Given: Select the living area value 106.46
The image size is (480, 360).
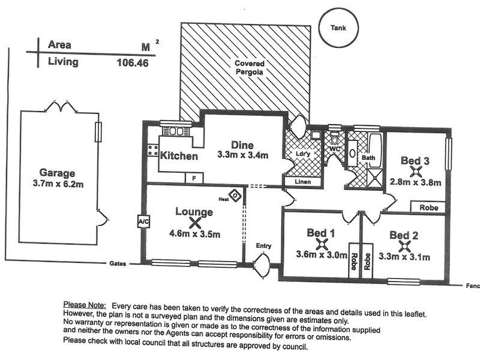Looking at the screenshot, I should tap(133, 62).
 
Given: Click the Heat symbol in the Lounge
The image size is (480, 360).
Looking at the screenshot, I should tap(235, 196).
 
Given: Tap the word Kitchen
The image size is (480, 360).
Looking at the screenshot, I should tap(179, 156).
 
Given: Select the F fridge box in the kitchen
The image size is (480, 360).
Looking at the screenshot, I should tap(194, 178).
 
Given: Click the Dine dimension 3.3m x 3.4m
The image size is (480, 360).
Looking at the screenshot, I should tap(242, 155).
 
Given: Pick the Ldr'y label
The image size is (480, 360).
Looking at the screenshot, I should tap(302, 154).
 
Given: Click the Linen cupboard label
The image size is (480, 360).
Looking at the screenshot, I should tap(298, 181).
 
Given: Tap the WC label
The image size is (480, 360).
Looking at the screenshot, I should tap(334, 147).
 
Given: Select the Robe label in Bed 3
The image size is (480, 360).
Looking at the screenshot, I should tap(428, 207).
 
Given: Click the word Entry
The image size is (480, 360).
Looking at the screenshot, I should tap(263, 245).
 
